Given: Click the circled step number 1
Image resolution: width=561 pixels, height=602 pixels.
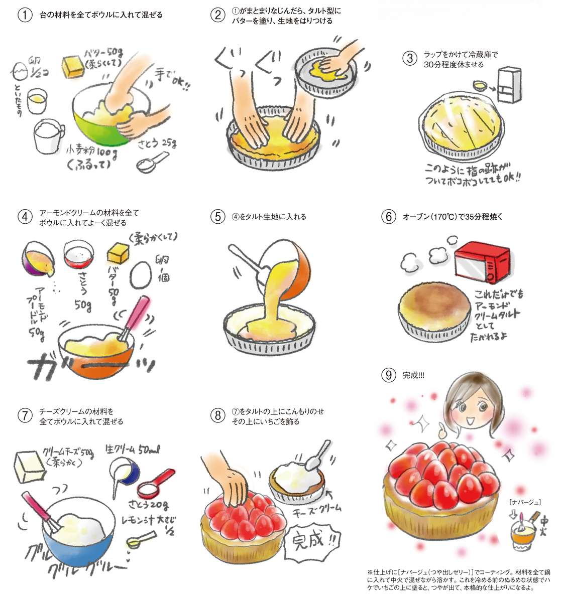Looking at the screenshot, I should tap(25, 15).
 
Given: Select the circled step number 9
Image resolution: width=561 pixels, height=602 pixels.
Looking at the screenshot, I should tap(389, 375).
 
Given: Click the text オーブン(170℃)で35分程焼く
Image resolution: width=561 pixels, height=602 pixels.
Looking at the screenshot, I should tap(453, 217).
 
